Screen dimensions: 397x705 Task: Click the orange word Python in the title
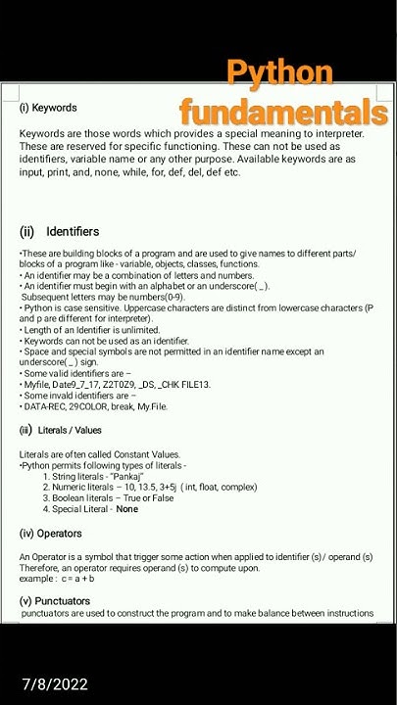(x=279, y=74)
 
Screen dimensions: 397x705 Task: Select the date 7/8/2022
(x=56, y=684)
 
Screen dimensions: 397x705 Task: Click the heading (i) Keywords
(x=48, y=108)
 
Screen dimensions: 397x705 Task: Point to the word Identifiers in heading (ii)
(x=73, y=232)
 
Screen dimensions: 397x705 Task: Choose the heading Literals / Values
(x=70, y=430)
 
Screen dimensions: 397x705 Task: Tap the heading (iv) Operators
(x=51, y=534)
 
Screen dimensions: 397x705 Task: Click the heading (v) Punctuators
(x=55, y=601)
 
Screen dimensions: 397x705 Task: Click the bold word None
(x=126, y=509)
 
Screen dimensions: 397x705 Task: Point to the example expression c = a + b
(x=77, y=579)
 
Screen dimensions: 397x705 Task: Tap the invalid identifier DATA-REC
(x=46, y=406)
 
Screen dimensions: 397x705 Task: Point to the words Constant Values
(x=144, y=454)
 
